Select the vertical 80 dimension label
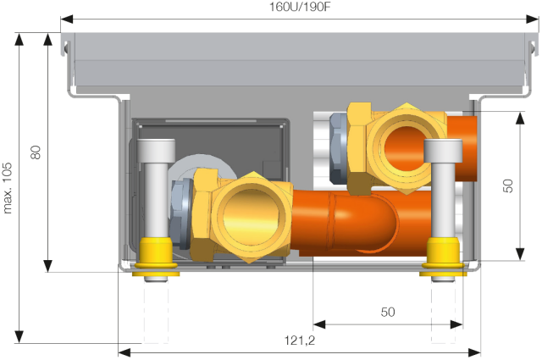(36, 153)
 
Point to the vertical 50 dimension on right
(508, 186)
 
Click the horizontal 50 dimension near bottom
(387, 312)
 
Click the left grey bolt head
(157, 152)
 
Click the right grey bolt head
(445, 152)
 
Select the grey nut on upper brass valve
(337, 151)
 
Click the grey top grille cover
(301, 64)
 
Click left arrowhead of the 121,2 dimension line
(121, 350)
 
